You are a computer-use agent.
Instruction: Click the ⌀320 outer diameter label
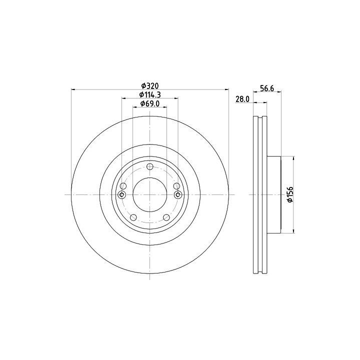(x=150, y=86)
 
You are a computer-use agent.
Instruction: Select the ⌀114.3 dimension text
(x=150, y=94)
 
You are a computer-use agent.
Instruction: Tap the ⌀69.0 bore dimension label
(x=150, y=104)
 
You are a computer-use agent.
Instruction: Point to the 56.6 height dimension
(x=267, y=88)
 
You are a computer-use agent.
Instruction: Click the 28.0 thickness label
(x=242, y=99)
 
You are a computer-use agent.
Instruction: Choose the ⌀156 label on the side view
(x=290, y=194)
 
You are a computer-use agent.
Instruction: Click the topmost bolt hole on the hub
(x=150, y=166)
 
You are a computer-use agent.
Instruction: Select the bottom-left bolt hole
(x=133, y=217)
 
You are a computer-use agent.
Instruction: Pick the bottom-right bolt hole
(x=166, y=217)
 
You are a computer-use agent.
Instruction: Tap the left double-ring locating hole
(x=121, y=195)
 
